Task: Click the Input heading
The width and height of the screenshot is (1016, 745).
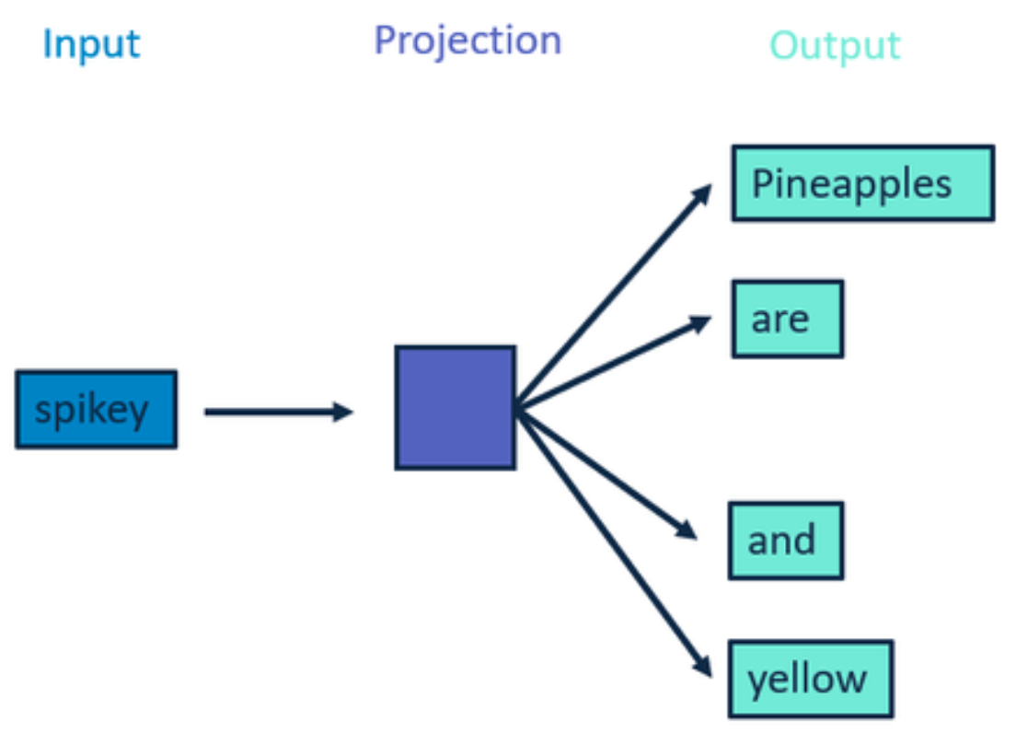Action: point(91,45)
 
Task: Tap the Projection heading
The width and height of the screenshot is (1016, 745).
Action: point(468,41)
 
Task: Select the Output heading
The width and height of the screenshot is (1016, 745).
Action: point(835,45)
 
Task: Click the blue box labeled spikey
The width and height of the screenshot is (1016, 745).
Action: point(97,409)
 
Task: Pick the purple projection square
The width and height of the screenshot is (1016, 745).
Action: point(456,408)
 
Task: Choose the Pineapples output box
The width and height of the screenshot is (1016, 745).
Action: point(863,183)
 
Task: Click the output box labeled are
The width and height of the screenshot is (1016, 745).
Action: point(788,319)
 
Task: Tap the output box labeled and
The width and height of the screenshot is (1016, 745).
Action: point(786,541)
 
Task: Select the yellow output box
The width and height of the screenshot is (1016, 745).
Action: point(811,679)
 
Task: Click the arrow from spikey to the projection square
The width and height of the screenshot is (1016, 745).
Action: point(279,412)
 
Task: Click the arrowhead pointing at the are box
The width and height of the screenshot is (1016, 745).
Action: point(700,323)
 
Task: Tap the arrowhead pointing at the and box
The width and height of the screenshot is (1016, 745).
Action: point(687,530)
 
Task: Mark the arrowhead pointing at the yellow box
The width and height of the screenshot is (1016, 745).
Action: point(702,665)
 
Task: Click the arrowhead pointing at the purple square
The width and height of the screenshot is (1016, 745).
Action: point(342,412)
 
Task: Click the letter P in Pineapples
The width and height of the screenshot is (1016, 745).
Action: point(762,183)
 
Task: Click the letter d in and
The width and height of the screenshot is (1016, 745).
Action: point(802,539)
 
